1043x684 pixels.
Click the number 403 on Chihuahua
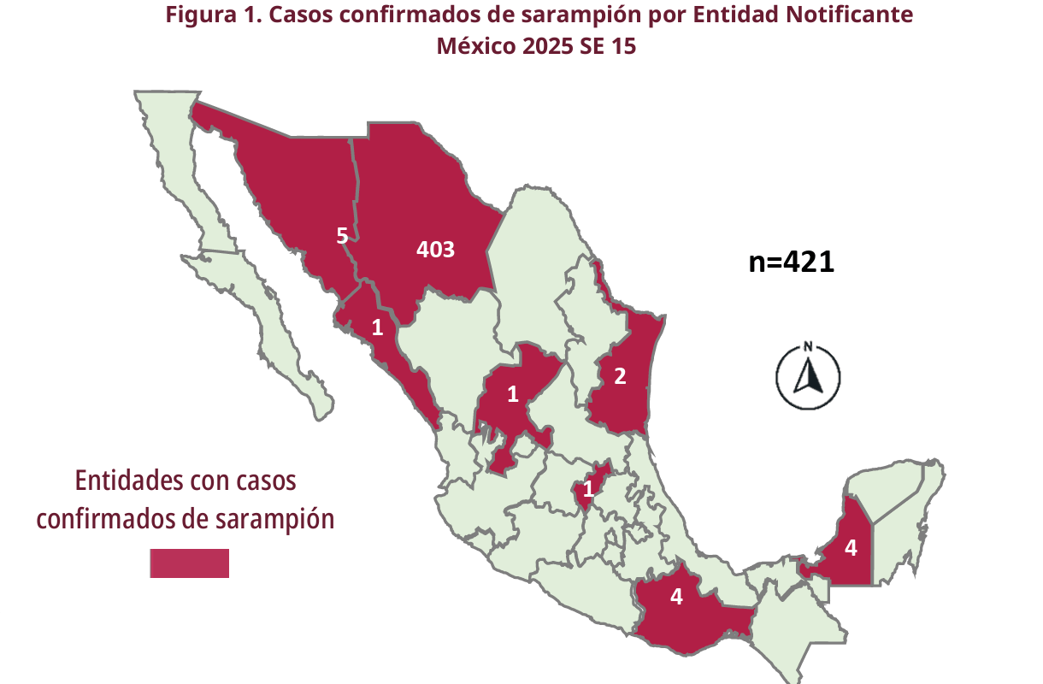click(435, 250)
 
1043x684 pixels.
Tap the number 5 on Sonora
click(341, 236)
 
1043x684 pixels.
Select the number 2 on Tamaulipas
click(620, 374)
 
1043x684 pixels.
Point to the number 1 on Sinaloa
click(377, 327)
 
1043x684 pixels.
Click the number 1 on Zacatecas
click(513, 394)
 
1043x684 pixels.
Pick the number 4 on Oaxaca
click(676, 597)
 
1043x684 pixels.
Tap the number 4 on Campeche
click(850, 547)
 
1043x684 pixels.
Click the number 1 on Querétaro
click(588, 490)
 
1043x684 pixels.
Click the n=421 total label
click(791, 262)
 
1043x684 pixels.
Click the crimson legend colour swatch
click(189, 563)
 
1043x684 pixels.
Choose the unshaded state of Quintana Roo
click(898, 539)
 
